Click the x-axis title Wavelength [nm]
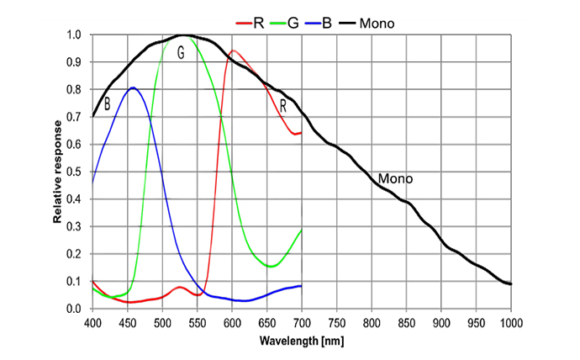click(x=301, y=341)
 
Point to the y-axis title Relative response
click(x=59, y=172)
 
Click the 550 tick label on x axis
click(x=197, y=322)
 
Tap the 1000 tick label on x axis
click(x=510, y=322)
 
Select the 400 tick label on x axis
click(x=92, y=322)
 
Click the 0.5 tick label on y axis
click(x=74, y=172)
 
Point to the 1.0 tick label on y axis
click(x=74, y=35)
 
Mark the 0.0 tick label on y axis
click(x=74, y=309)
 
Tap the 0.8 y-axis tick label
click(x=74, y=90)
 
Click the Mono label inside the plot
click(x=395, y=179)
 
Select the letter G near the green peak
click(x=181, y=52)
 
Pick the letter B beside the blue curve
click(x=107, y=105)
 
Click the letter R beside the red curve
click(x=283, y=106)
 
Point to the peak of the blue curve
click(x=133, y=87)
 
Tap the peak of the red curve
click(x=233, y=50)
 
